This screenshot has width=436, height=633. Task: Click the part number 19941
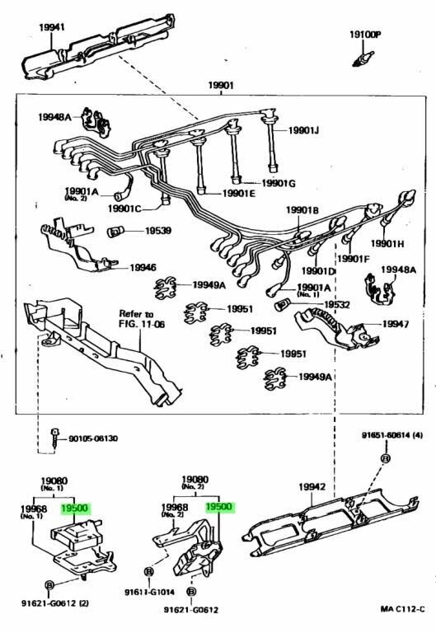(52, 27)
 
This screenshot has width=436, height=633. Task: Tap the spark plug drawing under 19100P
(363, 59)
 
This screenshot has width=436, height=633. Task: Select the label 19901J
(303, 130)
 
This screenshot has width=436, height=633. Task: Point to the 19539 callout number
(158, 231)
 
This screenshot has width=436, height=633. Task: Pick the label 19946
(143, 267)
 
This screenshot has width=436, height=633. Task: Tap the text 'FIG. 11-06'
(142, 324)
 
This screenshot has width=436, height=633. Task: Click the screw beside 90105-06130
(54, 438)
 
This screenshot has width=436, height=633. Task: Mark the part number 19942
(312, 487)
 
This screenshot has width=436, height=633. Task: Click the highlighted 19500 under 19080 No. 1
(74, 508)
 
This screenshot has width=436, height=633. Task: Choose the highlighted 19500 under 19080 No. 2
(218, 507)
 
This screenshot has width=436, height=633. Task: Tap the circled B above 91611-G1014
(148, 572)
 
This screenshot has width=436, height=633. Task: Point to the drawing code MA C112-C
(402, 608)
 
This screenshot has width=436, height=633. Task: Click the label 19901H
(387, 243)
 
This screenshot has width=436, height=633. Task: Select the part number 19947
(396, 324)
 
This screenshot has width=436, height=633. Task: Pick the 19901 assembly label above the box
(221, 85)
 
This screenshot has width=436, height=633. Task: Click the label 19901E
(239, 194)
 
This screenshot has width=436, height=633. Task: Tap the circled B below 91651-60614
(386, 458)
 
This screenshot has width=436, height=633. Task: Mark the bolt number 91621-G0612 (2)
(55, 603)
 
